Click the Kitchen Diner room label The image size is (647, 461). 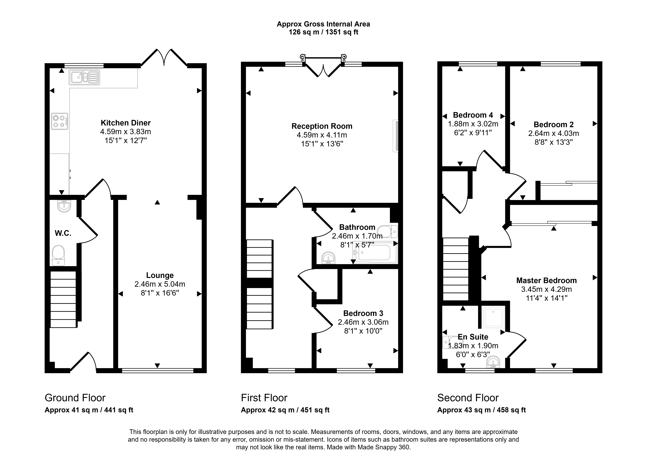[x=126, y=123]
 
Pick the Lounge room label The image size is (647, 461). [x=160, y=275]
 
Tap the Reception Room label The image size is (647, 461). [x=322, y=126]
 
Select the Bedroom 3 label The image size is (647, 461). [x=363, y=313]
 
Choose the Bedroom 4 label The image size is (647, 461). [x=473, y=115]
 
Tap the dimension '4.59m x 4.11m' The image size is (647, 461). [x=322, y=135]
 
